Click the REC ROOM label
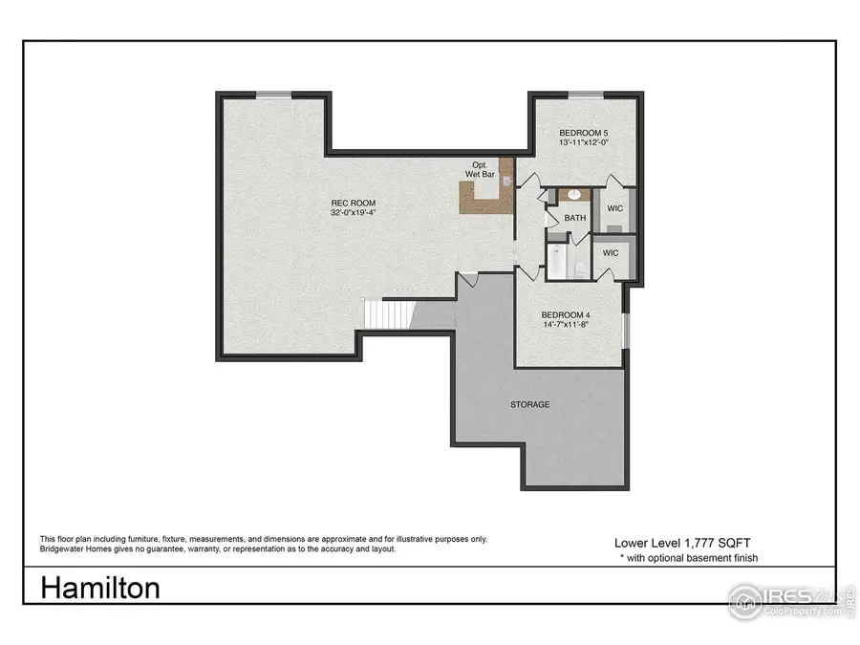pyautogui.click(x=353, y=203)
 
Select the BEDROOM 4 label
pyautogui.click(x=567, y=314)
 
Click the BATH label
pyautogui.click(x=575, y=218)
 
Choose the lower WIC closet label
pyautogui.click(x=611, y=253)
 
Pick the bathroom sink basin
pyautogui.click(x=574, y=195)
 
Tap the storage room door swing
pyautogui.click(x=468, y=280)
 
